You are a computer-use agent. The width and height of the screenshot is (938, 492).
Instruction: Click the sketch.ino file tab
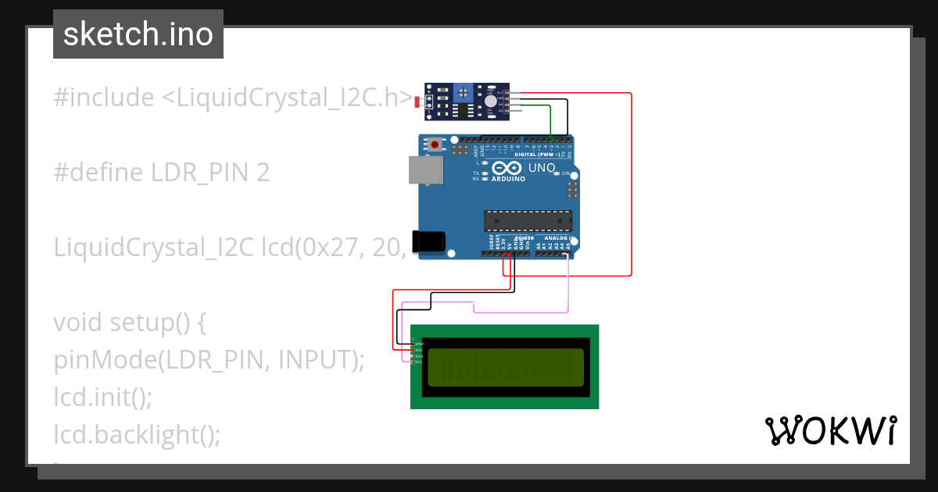pyautogui.click(x=138, y=34)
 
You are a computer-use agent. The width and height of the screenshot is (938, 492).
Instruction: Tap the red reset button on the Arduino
pyautogui.click(x=435, y=144)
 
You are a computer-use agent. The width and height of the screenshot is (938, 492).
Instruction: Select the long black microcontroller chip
pyautogui.click(x=528, y=221)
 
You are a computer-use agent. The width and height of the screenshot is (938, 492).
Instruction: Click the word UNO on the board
pyautogui.click(x=542, y=168)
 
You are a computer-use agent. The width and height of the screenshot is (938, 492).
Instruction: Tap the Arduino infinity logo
pyautogui.click(x=507, y=168)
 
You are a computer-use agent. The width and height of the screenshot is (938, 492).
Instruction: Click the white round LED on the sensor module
pyautogui.click(x=490, y=102)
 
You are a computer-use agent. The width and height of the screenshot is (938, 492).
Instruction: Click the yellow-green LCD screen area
pyautogui.click(x=505, y=367)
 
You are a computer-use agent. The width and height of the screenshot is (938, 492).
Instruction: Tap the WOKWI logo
pyautogui.click(x=830, y=430)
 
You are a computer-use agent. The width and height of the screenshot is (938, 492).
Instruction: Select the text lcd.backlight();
pyautogui.click(x=137, y=433)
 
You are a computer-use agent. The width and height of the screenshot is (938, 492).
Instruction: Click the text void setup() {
pyautogui.click(x=129, y=322)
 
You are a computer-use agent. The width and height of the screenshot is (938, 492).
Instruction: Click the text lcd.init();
pyautogui.click(x=102, y=397)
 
